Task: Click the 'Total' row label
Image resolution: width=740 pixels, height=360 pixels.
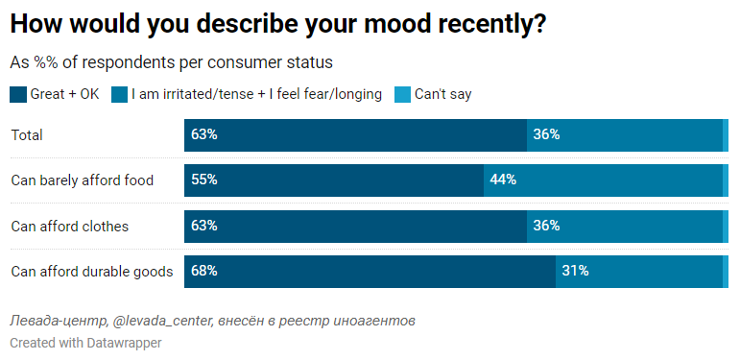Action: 27,135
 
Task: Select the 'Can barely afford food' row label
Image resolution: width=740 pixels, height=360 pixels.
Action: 83,180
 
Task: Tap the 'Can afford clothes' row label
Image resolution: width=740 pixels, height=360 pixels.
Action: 70,227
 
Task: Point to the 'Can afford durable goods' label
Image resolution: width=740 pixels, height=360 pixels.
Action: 92,272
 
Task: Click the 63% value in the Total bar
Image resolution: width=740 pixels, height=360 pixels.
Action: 204,135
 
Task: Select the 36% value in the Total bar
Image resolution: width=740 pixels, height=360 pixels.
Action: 546,135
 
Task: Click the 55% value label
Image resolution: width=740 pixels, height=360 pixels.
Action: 204,180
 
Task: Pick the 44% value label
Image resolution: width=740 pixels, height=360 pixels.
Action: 503,180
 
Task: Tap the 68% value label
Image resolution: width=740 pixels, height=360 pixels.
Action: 204,272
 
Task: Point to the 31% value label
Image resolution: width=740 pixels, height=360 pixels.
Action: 575,272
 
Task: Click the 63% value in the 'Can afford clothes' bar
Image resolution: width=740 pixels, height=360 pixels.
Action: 204,227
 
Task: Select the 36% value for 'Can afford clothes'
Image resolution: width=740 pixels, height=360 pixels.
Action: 546,227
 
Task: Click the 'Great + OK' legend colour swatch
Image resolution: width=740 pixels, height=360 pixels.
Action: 18,94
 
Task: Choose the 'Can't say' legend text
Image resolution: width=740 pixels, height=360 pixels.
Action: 442,94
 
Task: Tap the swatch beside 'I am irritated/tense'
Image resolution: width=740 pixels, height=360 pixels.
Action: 120,94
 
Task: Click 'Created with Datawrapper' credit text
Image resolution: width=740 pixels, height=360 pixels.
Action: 85,343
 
